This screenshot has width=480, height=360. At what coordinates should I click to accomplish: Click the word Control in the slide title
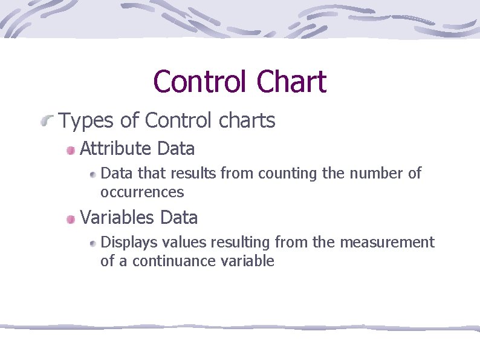pyautogui.click(x=199, y=82)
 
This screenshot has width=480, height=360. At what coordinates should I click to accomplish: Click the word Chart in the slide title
pyautogui.click(x=291, y=82)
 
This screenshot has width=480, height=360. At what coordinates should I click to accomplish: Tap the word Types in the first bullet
pyautogui.click(x=85, y=121)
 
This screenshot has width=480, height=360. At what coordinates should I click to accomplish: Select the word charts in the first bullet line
pyautogui.click(x=245, y=121)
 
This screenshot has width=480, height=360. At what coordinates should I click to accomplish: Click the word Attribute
pyautogui.click(x=115, y=148)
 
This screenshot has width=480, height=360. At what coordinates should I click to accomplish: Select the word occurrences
pyautogui.click(x=142, y=192)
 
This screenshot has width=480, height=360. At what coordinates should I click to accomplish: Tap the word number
pyautogui.click(x=375, y=174)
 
